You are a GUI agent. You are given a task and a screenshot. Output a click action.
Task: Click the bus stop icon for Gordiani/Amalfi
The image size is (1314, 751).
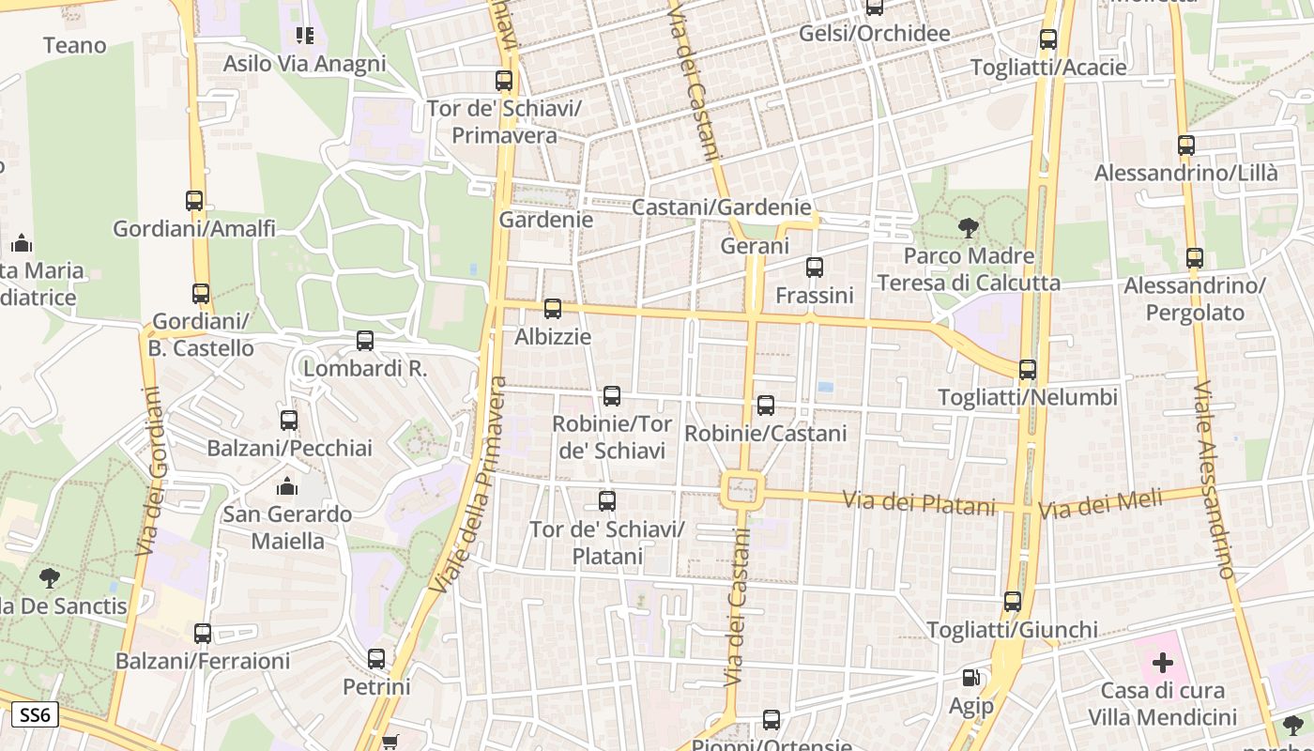point(194,201)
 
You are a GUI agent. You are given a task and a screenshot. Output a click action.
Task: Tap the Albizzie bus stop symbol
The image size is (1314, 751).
point(553,309)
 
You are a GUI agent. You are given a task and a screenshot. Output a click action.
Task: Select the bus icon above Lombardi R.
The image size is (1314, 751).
point(365,341)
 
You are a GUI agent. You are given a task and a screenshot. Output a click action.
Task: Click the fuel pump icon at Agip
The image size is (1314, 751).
point(970,678)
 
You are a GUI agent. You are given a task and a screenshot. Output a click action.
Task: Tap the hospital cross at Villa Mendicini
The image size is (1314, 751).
point(1163,664)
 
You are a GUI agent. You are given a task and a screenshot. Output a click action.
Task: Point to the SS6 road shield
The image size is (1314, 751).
point(35,715)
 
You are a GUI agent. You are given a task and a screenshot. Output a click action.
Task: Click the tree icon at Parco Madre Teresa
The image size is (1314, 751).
point(968,227)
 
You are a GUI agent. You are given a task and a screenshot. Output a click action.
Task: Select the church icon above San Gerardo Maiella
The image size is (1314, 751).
point(286,486)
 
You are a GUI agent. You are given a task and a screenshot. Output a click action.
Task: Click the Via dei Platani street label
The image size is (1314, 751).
point(918,503)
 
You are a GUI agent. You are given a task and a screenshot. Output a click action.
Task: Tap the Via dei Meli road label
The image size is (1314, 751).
point(1100,505)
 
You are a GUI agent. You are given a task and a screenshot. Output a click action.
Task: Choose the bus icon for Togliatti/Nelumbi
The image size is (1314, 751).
point(1028,370)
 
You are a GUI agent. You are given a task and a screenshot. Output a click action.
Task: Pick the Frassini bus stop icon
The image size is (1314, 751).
point(815,268)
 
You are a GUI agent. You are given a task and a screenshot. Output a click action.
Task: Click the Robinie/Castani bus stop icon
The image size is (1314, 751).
point(766,406)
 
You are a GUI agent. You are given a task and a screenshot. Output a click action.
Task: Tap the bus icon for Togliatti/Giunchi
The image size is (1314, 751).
point(1012,602)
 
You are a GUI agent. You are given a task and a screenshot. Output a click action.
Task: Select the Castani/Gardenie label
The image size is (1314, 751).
point(721,207)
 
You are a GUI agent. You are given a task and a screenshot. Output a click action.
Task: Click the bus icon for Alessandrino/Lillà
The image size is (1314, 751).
point(1186,146)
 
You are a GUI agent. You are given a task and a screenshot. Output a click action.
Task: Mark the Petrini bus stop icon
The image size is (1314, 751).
point(376,659)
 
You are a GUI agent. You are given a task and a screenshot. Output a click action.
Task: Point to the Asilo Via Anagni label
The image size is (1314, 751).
point(304,64)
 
